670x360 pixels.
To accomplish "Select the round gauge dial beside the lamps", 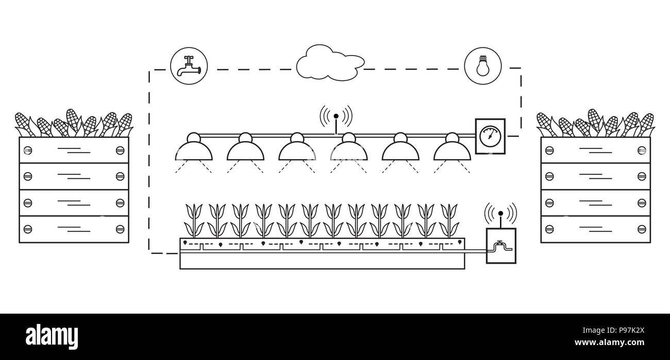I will [490, 136].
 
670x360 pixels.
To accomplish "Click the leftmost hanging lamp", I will [194, 148].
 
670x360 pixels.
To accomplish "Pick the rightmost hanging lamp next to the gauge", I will [452, 148].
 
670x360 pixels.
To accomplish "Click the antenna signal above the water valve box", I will [500, 212].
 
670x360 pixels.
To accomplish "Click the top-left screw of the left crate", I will [28, 150].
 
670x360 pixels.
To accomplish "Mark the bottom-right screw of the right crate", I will [642, 229].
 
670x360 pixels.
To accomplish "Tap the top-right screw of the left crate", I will [120, 150].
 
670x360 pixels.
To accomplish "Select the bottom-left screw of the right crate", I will [549, 229].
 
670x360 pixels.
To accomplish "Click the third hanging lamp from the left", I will [297, 148].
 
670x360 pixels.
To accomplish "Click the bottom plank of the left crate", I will [74, 229].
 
